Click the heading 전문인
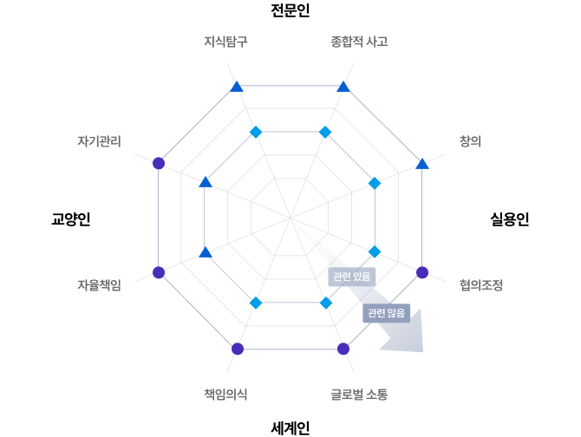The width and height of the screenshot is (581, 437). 290,10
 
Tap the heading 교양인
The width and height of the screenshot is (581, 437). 71,218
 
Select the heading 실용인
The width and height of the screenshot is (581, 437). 510,218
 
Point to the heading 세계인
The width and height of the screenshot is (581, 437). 290,428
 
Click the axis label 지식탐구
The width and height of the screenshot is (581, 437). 225,41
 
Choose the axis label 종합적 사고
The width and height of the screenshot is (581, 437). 359,41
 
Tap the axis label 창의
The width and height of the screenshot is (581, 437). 470,141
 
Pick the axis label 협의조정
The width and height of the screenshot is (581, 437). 481,284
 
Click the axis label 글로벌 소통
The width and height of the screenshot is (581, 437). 359,394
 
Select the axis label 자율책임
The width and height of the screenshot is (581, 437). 99,284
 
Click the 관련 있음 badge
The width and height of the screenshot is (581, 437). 352,277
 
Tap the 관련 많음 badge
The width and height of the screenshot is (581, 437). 386,313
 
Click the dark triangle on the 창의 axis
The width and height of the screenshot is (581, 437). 422,164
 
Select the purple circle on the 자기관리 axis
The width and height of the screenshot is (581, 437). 159,163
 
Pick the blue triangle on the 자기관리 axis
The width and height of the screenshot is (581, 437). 206,182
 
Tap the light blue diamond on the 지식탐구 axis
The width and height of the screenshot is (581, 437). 256,132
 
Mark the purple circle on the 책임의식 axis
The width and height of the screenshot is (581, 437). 238,349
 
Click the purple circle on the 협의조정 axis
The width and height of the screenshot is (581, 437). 422,272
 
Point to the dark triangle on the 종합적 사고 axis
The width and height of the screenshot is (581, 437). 343,87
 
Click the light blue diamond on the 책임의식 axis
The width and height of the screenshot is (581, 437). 256,303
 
